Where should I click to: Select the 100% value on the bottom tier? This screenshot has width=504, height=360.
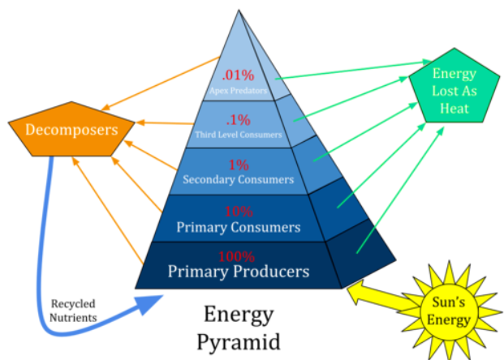[x=238, y=254]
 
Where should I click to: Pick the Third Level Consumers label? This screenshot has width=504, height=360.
[x=238, y=133]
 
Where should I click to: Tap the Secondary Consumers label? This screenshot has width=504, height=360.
[x=238, y=179]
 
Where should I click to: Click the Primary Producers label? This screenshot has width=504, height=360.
[x=238, y=270]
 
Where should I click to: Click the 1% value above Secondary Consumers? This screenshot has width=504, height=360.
[x=238, y=165]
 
